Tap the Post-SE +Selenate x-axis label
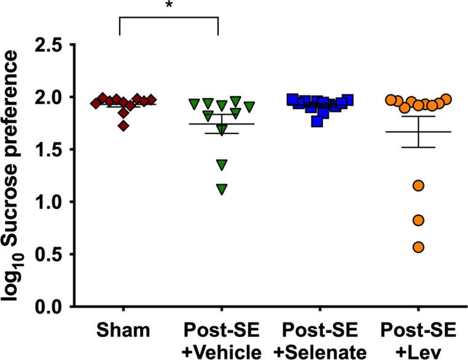click(x=319, y=341)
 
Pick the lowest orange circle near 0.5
click(x=418, y=247)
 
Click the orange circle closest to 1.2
click(x=418, y=186)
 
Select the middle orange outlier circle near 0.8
click(x=418, y=220)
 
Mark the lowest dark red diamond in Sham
click(x=124, y=126)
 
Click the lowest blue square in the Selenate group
click(x=317, y=121)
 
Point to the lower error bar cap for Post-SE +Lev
click(x=418, y=147)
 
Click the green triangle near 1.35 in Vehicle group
click(x=220, y=164)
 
